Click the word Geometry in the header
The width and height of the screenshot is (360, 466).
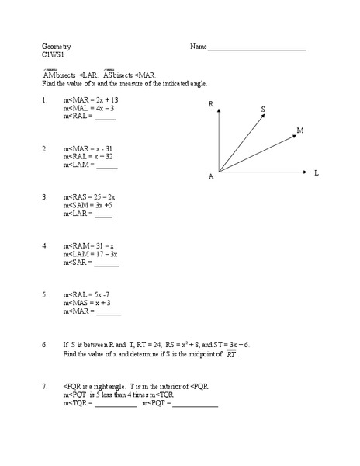(x=56, y=47)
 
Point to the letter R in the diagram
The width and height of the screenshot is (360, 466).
(x=210, y=103)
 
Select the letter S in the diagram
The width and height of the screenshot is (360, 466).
(x=263, y=110)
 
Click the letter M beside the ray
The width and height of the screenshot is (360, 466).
(x=299, y=130)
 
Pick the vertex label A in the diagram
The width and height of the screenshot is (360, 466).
(x=210, y=177)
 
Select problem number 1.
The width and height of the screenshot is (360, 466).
(x=46, y=100)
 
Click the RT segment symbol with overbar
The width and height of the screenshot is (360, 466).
(x=231, y=354)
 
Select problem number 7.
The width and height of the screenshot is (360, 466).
(x=46, y=386)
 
